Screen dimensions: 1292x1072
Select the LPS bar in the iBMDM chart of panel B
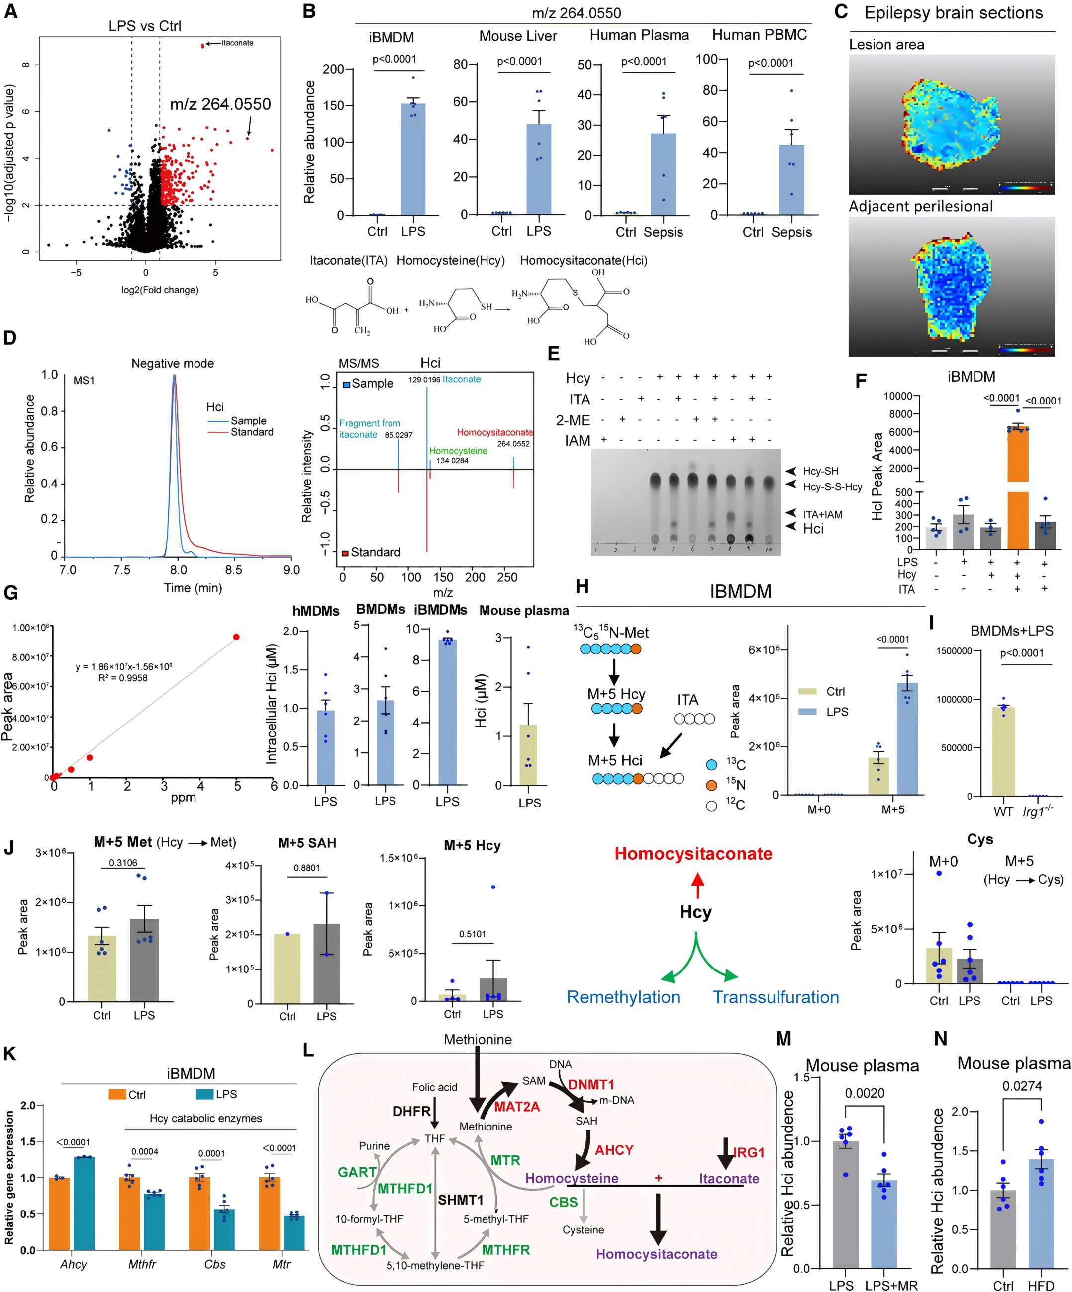pyautogui.click(x=413, y=160)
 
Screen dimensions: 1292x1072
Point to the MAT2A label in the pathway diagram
pyautogui.click(x=517, y=1107)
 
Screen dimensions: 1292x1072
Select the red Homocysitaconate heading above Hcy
pyautogui.click(x=693, y=853)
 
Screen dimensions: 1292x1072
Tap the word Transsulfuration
pyautogui.click(x=776, y=997)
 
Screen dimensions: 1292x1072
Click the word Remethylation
pyautogui.click(x=623, y=997)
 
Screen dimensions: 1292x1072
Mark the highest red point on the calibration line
pyautogui.click(x=236, y=637)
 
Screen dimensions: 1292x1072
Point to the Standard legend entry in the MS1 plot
pyautogui.click(x=251, y=432)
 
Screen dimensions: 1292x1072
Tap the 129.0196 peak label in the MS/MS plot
pyautogui.click(x=424, y=380)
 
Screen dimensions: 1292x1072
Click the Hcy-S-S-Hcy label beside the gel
pyautogui.click(x=832, y=487)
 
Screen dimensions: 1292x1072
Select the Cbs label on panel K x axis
pyautogui.click(x=215, y=1264)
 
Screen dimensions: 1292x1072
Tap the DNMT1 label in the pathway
pyautogui.click(x=591, y=1085)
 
